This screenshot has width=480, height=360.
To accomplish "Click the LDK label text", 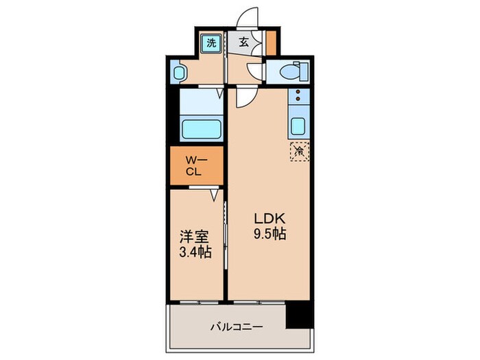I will coord(269,219).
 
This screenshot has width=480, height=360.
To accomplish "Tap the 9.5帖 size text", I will coord(269,235).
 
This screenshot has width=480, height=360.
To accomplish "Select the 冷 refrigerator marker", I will coord(299,150).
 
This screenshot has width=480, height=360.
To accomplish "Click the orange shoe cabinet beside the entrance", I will coord(271,43).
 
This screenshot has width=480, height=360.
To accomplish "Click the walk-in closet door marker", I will coord(215,195).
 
